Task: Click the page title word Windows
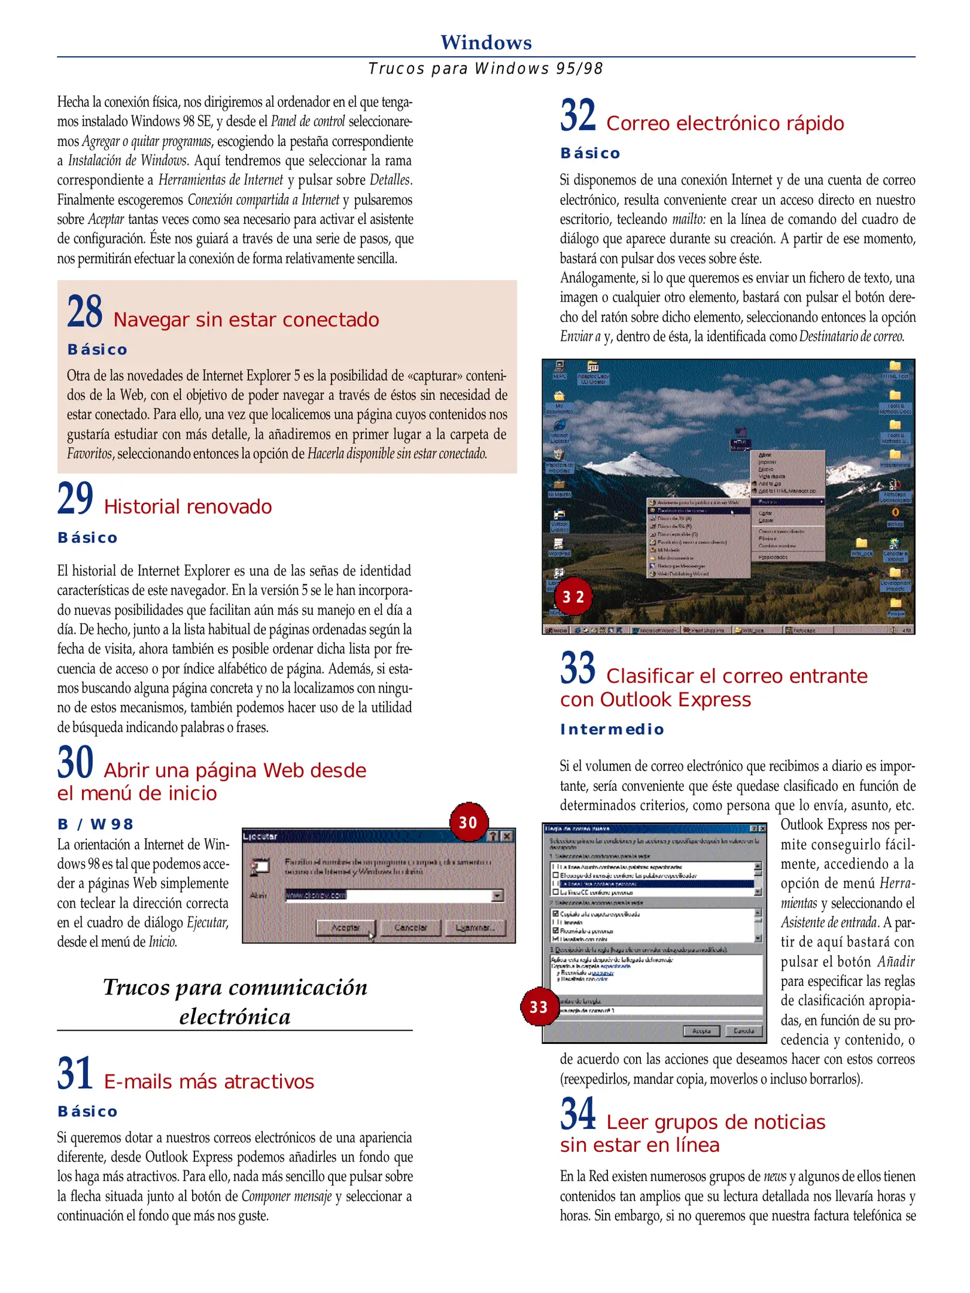[486, 43]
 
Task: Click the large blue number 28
[84, 311]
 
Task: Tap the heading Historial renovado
[188, 507]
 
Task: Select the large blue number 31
[75, 1073]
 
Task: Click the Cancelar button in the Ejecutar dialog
[410, 927]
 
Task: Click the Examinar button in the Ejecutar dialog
[475, 927]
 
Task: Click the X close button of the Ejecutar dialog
[507, 836]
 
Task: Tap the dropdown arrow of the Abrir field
[497, 896]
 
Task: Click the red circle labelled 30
[469, 822]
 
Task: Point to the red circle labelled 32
[573, 596]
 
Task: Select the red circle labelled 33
[539, 1007]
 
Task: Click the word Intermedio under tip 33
[612, 729]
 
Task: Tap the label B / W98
[95, 824]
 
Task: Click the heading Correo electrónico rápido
[725, 123]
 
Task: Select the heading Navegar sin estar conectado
[246, 320]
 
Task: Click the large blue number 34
[577, 1113]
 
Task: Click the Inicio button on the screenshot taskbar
[556, 630]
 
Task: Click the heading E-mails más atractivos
[209, 1082]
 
